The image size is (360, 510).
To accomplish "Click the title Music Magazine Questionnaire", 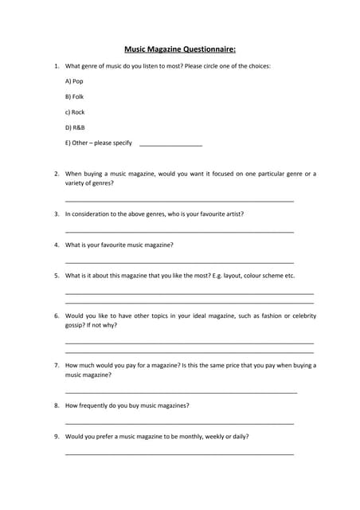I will coord(180,49).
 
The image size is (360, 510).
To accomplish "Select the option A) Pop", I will coord(73,81).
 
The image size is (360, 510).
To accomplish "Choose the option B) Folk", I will coord(74,96).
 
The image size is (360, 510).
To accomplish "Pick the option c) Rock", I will coord(75,112).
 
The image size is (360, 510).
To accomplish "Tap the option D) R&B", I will coord(75,127).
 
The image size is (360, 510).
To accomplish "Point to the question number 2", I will coord(57,174).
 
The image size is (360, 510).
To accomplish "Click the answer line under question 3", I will coord(179,232).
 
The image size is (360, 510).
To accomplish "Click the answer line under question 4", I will coord(179,262).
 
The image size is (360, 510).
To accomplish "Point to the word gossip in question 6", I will coord(74,326).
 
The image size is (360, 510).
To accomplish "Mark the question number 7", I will coord(57,366).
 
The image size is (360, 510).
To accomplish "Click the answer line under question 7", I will coord(181,392).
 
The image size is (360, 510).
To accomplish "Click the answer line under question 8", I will coord(179,423).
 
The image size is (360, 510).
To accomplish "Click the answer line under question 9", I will coord(179,454).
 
